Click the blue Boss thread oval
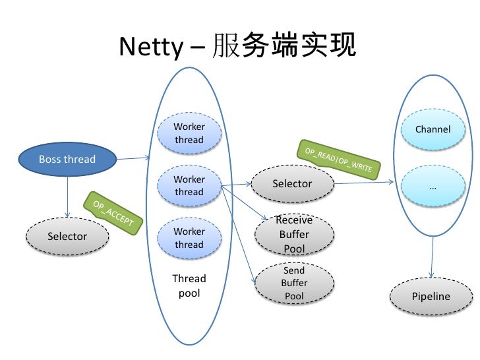click(x=67, y=159)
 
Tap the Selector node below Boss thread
click(x=67, y=236)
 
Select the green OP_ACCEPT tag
click(x=113, y=212)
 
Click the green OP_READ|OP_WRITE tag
click(x=338, y=159)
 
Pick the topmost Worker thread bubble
click(x=189, y=133)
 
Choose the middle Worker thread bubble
click(x=189, y=185)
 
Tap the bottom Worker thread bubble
click(x=189, y=237)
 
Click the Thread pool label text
click(x=189, y=285)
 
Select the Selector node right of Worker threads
click(x=292, y=183)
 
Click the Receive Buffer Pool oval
click(x=294, y=235)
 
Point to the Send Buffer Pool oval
click(x=294, y=284)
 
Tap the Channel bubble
click(x=433, y=129)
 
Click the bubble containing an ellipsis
click(x=433, y=186)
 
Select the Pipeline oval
click(x=431, y=296)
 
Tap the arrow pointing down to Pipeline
click(x=433, y=257)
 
